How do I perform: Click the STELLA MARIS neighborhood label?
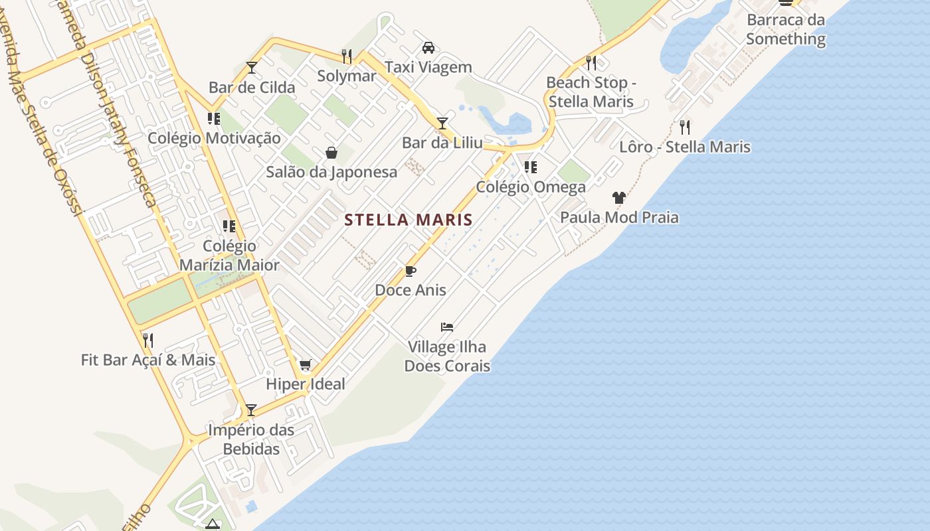click(408, 220)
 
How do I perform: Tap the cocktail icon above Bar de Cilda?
click(251, 68)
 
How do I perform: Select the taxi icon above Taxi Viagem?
click(428, 48)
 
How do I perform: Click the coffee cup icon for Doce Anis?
click(410, 271)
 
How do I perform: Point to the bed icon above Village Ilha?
click(447, 327)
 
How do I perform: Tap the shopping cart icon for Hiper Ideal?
click(305, 364)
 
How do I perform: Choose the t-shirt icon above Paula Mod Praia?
click(619, 198)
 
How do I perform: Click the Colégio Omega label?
click(531, 187)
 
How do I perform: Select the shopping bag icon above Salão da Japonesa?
click(331, 153)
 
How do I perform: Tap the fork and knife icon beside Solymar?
click(346, 56)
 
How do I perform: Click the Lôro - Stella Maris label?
click(685, 147)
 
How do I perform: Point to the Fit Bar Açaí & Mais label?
click(148, 360)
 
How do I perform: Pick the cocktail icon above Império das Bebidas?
click(250, 410)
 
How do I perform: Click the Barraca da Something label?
click(785, 29)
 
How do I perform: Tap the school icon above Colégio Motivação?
click(213, 119)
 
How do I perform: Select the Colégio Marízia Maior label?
click(229, 256)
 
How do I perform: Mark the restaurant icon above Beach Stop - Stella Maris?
click(591, 63)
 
